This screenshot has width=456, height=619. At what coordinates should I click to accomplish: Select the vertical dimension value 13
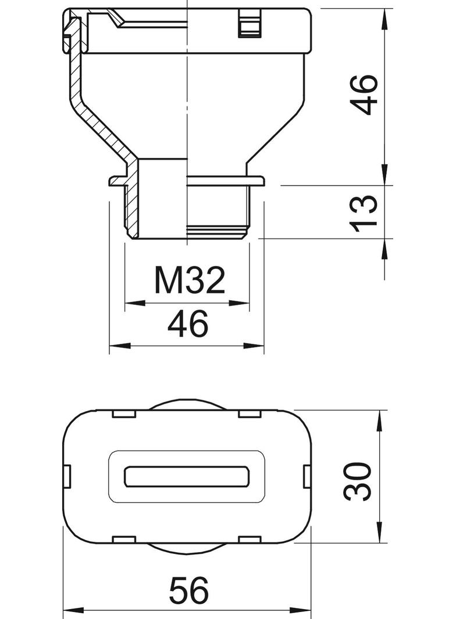(364, 213)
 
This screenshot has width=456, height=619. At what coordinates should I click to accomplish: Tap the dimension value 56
(188, 591)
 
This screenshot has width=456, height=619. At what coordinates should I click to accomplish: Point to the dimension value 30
(358, 481)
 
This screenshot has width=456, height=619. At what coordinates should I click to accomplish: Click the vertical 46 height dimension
(364, 95)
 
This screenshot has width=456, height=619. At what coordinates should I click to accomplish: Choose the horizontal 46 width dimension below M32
(187, 323)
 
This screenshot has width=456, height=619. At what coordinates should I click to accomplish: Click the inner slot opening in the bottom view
(187, 477)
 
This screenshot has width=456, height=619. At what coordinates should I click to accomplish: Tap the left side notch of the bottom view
(67, 477)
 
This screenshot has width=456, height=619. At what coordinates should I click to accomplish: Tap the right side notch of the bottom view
(308, 477)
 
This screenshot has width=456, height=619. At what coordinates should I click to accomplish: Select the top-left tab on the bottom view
(124, 414)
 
